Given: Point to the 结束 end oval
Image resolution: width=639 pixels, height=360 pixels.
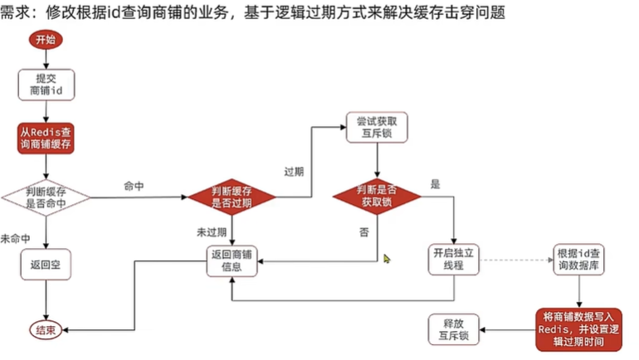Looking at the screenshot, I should coord(45,330).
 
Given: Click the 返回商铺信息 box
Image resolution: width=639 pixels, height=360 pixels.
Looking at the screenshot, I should coord(232,260).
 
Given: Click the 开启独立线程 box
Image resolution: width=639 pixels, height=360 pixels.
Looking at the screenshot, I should coord(454,260).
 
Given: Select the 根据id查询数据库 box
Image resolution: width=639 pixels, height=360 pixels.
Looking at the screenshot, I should coord(578,260).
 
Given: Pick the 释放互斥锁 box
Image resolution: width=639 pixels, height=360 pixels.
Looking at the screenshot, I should coord(454,329).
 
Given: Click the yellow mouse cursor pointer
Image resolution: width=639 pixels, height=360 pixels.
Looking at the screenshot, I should coord(387,259).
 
